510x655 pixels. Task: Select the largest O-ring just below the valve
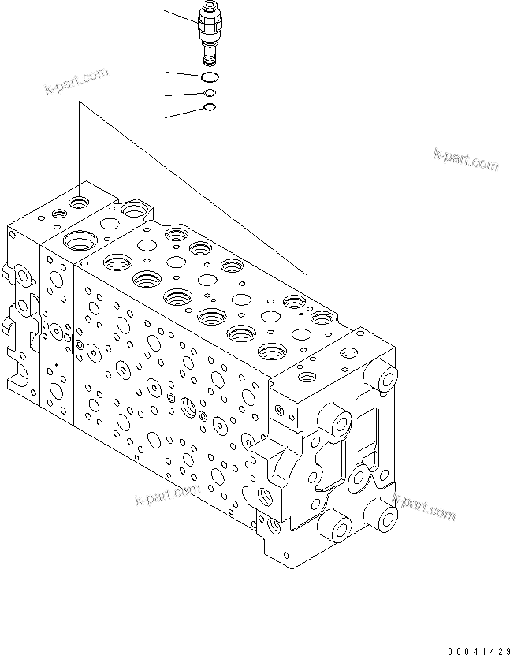tap(210, 76)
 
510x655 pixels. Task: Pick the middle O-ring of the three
tap(210, 94)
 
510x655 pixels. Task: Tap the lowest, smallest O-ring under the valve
tap(210, 108)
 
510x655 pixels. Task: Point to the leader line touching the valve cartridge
tap(180, 17)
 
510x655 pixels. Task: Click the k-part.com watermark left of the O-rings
tap(76, 80)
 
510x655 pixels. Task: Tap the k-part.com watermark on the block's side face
tap(168, 496)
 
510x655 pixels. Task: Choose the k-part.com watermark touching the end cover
tap(423, 507)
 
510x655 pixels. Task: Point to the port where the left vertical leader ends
tap(79, 203)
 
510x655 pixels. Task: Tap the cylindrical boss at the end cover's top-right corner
tap(386, 380)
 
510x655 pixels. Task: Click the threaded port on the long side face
tap(190, 407)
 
